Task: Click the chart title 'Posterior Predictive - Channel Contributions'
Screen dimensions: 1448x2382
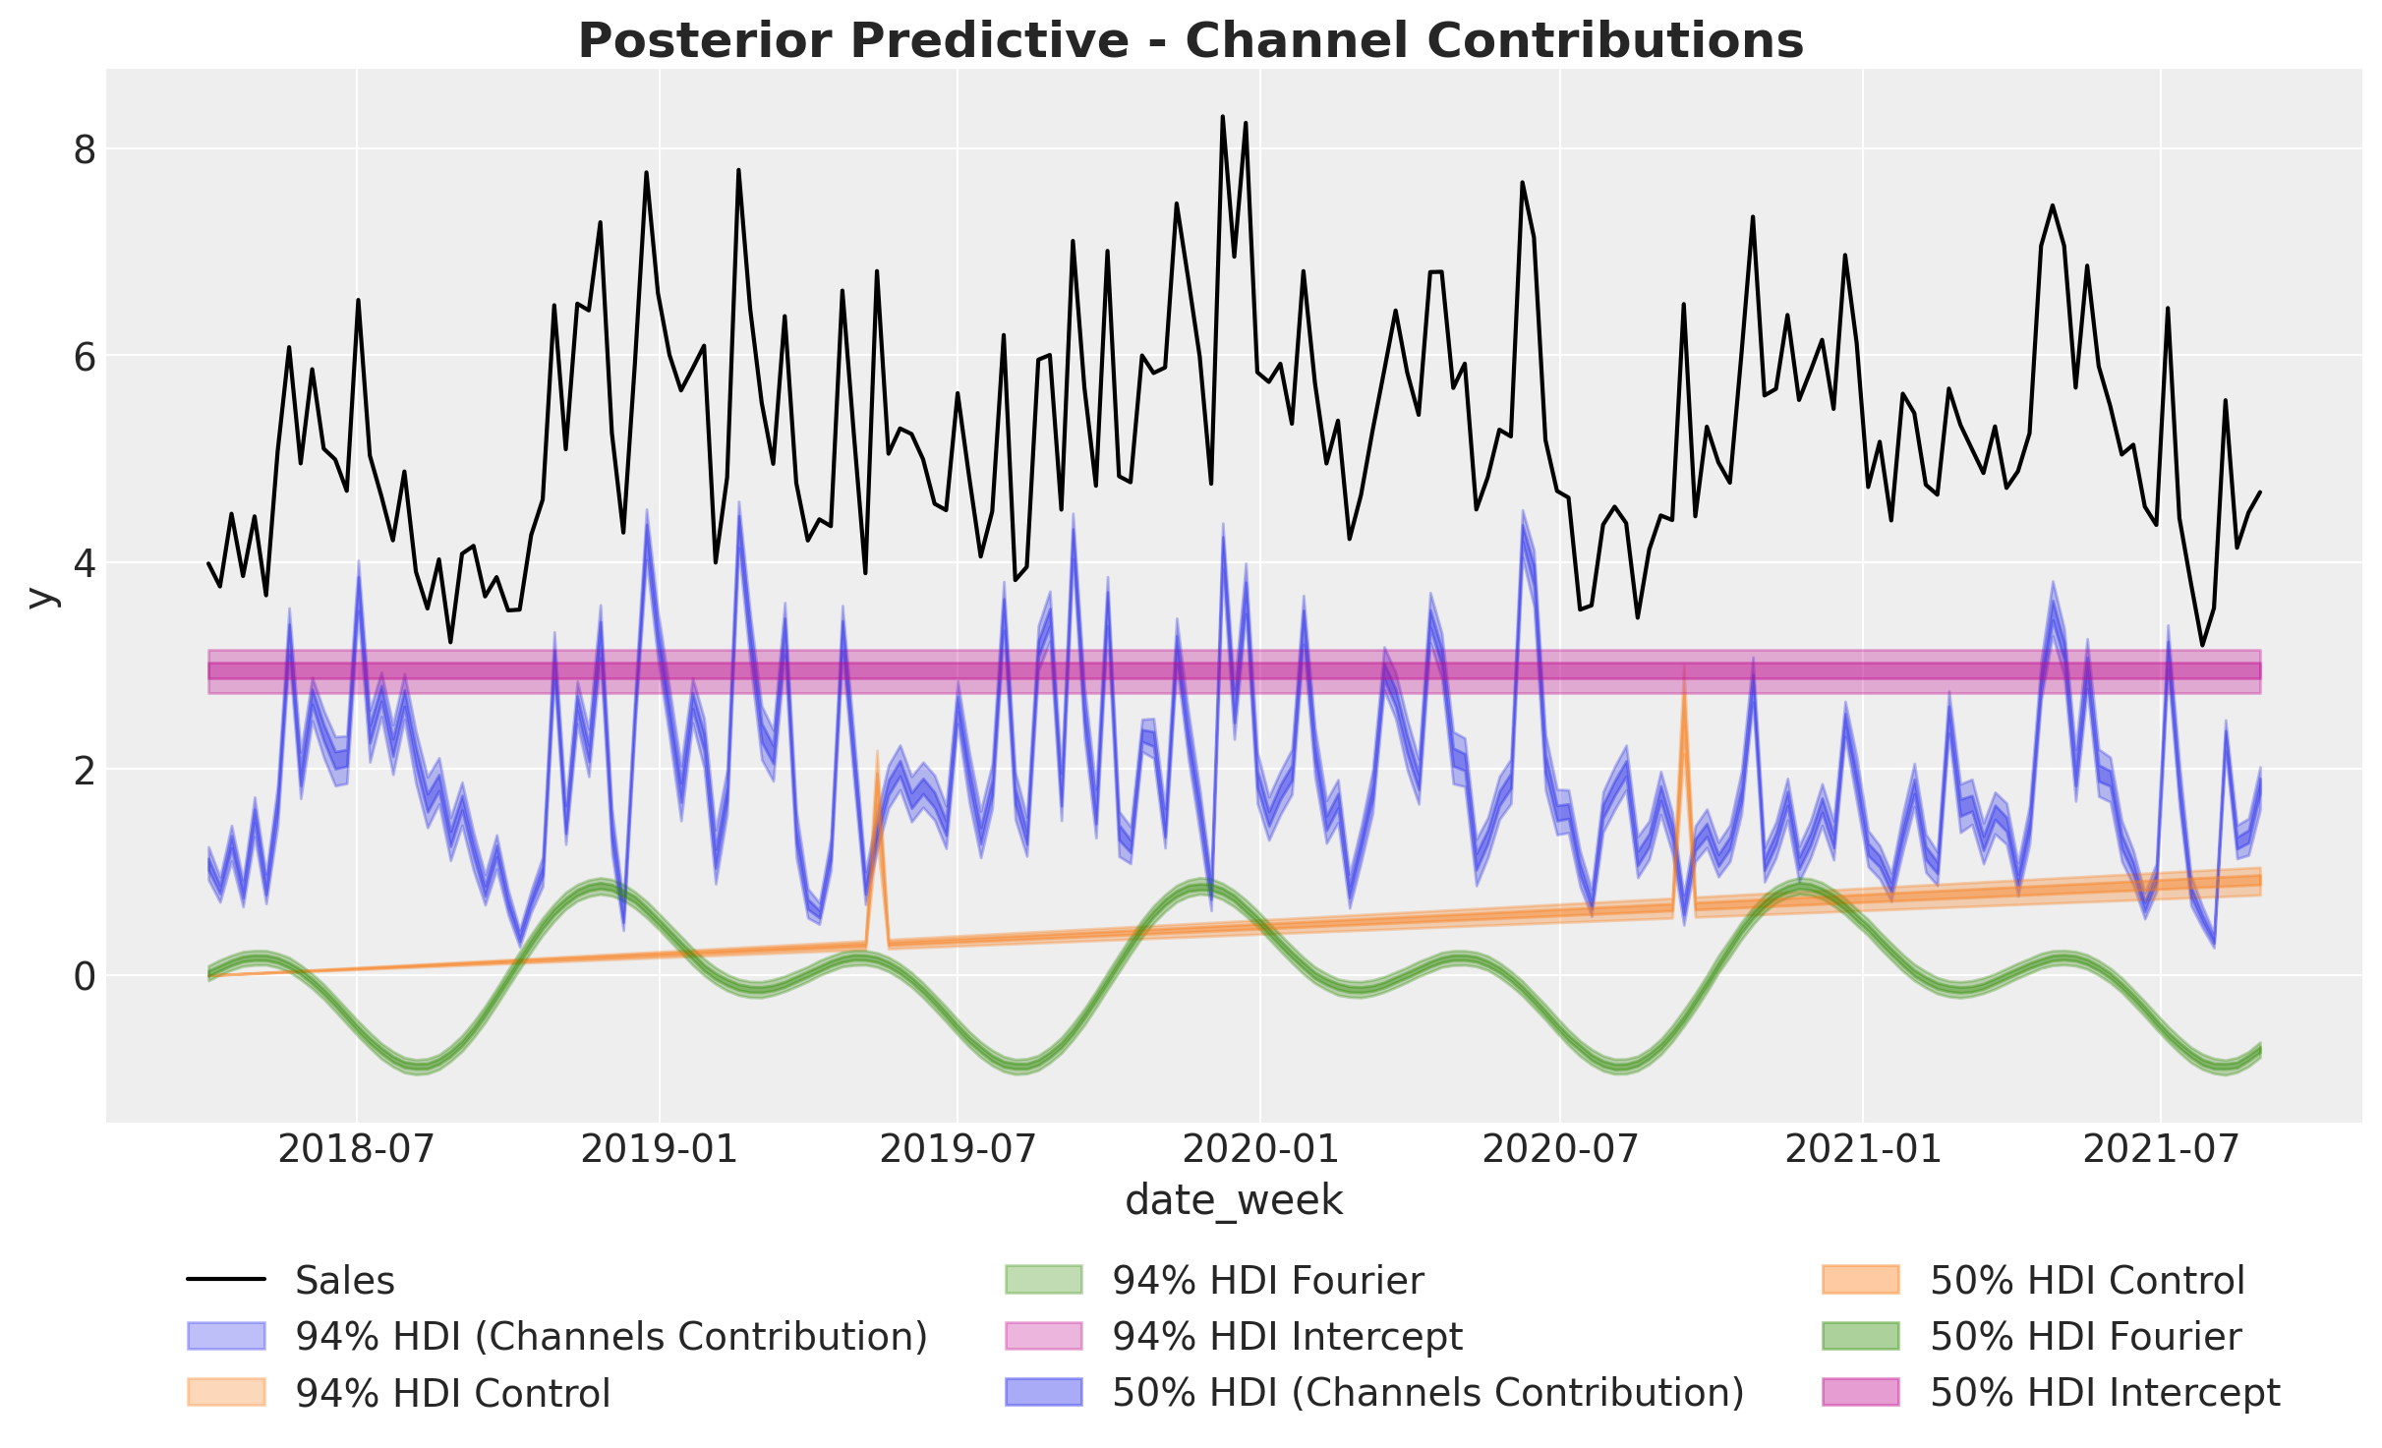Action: (1191, 41)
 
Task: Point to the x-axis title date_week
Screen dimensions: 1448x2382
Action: (1234, 1200)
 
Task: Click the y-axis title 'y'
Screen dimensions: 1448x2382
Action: (39, 596)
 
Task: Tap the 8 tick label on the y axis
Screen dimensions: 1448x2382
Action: (85, 149)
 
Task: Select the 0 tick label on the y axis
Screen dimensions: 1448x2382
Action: (85, 976)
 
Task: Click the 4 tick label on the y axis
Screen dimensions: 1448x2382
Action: (85, 563)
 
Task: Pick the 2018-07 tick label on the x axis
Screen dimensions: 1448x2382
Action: (356, 1148)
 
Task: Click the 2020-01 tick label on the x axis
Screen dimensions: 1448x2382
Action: (1258, 1148)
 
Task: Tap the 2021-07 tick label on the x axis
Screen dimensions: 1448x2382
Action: (2160, 1148)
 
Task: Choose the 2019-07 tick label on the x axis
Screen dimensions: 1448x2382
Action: (957, 1148)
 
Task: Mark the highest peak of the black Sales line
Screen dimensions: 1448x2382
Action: (1222, 117)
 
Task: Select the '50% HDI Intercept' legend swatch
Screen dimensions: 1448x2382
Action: (1860, 1393)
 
